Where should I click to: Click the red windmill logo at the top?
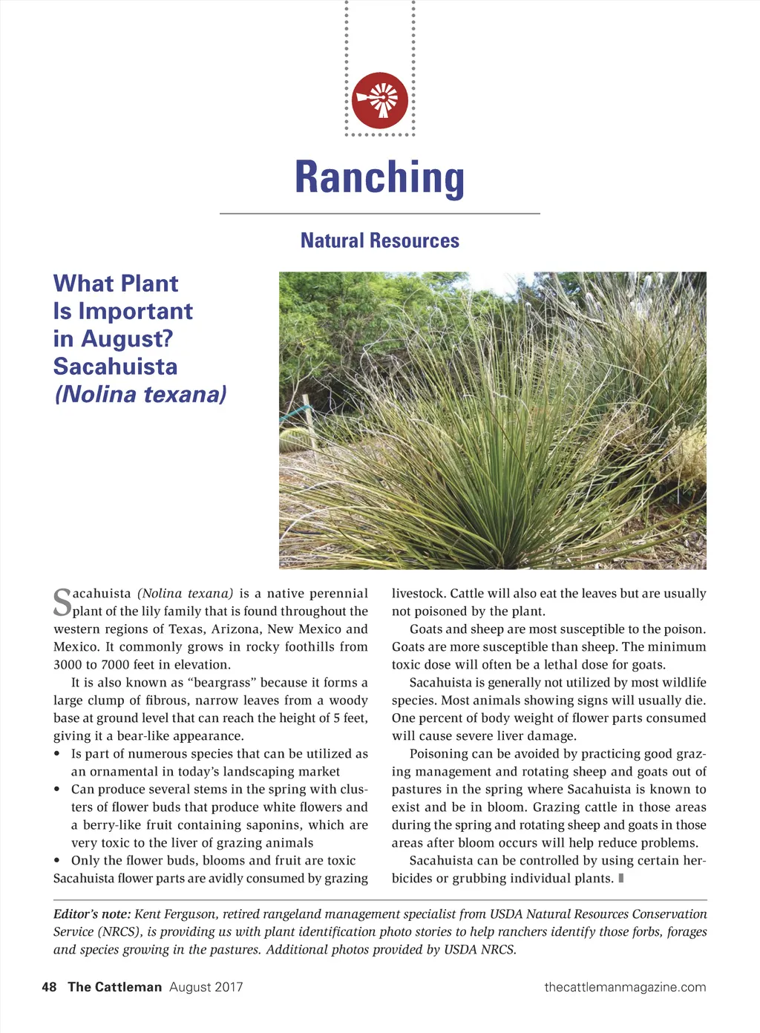point(380,100)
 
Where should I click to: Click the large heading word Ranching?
point(380,178)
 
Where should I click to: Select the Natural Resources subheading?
point(380,240)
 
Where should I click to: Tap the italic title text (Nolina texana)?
point(140,394)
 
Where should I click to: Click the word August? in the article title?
point(127,338)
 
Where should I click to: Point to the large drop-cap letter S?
point(62,602)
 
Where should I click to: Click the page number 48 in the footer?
point(49,987)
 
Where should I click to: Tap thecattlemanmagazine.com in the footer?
point(625,987)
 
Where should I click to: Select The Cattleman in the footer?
point(114,987)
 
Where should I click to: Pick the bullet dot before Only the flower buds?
point(57,861)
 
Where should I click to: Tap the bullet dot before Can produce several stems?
point(57,790)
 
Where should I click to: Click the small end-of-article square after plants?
point(620,879)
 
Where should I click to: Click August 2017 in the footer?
point(206,987)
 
